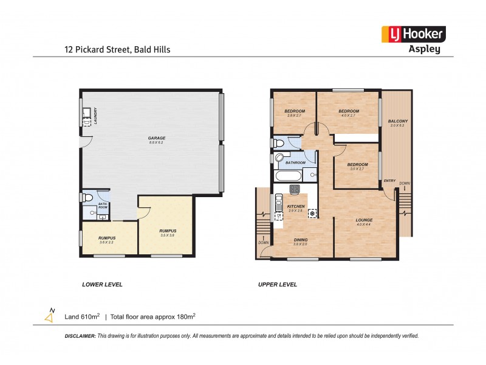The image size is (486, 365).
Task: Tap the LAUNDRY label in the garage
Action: click(95, 115)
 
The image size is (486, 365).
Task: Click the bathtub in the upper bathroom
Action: click(288, 176)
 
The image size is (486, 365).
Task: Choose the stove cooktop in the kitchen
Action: click(295, 190)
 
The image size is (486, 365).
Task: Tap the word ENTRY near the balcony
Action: click(389, 181)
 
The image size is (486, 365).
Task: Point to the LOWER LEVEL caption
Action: click(102, 284)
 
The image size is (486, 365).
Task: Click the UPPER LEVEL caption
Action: click(278, 284)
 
